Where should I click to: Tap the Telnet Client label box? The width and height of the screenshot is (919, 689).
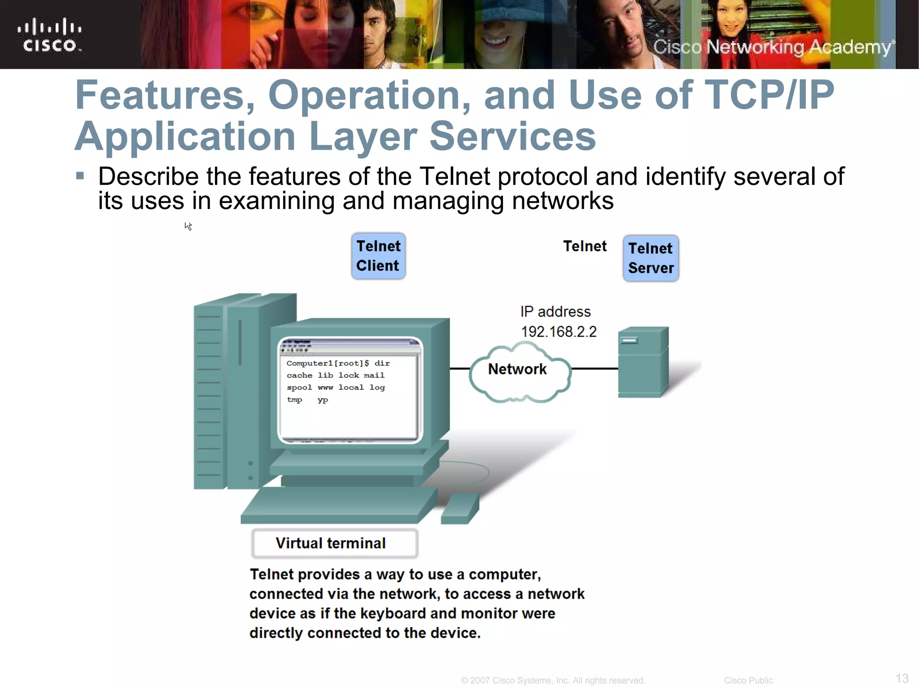[378, 256]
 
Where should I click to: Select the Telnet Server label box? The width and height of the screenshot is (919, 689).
[651, 258]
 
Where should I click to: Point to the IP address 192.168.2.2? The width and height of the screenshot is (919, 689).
[559, 332]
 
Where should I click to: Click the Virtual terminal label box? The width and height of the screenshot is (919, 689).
[334, 543]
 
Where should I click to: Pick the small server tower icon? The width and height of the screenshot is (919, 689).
[643, 362]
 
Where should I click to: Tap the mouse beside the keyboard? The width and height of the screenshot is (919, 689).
[460, 509]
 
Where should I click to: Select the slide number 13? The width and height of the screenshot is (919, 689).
[902, 678]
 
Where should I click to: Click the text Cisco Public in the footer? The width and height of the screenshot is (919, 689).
[748, 680]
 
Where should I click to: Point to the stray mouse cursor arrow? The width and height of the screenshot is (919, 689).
[188, 226]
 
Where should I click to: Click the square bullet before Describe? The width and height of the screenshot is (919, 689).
[80, 175]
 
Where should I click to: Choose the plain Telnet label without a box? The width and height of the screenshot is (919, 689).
[584, 246]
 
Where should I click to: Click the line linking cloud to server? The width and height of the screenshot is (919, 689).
[595, 369]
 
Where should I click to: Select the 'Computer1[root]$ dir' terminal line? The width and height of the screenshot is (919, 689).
[338, 363]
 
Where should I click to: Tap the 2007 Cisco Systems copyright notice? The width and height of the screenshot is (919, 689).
[553, 680]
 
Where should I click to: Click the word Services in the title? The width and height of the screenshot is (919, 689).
[512, 136]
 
